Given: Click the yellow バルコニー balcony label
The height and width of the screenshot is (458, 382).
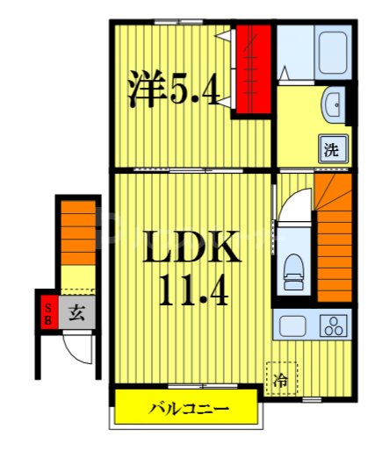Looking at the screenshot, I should [x=188, y=409].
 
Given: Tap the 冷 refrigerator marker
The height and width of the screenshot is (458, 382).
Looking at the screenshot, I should [x=280, y=379].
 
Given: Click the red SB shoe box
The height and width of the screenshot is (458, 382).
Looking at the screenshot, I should [x=47, y=312].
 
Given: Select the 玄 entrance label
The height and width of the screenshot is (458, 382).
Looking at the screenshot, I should [x=76, y=312].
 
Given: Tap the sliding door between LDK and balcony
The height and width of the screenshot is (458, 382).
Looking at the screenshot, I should [x=189, y=386].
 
